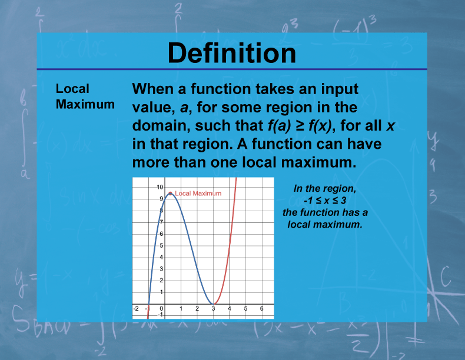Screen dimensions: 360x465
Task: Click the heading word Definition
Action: click(x=232, y=53)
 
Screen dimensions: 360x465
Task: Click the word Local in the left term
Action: click(x=72, y=89)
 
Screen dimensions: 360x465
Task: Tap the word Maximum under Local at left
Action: click(x=85, y=104)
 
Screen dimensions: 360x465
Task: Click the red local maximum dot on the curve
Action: click(x=170, y=193)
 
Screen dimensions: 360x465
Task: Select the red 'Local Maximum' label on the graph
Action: click(x=198, y=193)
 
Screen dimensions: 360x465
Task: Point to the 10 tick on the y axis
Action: click(x=160, y=186)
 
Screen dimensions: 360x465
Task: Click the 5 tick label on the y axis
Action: click(x=162, y=245)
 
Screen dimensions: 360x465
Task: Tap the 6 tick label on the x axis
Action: click(x=262, y=308)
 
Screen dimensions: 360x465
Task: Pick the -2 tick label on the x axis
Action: click(x=137, y=308)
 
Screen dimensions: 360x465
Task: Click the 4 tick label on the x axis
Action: click(x=230, y=308)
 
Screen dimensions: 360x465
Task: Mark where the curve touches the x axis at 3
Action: click(x=214, y=304)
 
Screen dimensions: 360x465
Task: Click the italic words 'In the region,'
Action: click(x=325, y=188)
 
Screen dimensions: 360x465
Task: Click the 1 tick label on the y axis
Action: click(x=162, y=292)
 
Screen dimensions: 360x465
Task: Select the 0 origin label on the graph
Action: click(x=162, y=308)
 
